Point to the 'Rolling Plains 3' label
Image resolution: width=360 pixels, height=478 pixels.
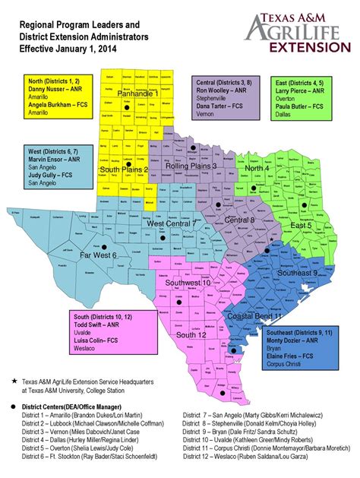point(192,166)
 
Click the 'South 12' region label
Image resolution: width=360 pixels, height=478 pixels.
point(191,334)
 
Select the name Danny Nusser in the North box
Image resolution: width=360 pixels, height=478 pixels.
point(51,90)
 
